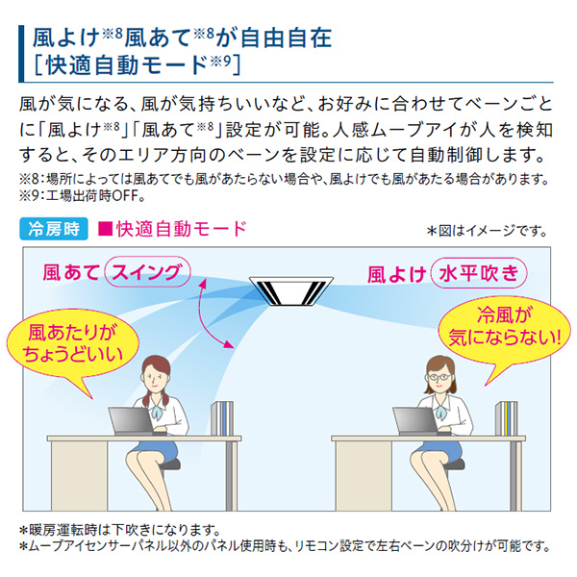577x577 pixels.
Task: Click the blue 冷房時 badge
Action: click(54, 229)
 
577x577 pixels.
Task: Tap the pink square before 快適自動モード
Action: click(105, 229)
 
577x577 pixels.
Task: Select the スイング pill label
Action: click(147, 272)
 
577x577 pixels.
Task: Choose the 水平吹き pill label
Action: click(479, 273)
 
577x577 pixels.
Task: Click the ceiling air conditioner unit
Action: click(291, 290)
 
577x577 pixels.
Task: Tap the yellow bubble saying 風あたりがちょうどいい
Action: click(72, 347)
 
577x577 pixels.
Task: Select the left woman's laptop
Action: click(132, 421)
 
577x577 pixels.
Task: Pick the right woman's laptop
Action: click(415, 421)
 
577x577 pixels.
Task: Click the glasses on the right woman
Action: click(439, 378)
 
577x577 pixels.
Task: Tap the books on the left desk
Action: click(222, 418)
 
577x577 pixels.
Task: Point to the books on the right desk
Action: click(507, 418)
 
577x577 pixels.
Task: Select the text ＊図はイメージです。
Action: click(487, 231)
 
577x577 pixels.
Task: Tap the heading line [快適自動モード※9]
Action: click(137, 65)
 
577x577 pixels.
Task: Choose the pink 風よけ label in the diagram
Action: click(396, 274)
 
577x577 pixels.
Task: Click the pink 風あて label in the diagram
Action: click(71, 273)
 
